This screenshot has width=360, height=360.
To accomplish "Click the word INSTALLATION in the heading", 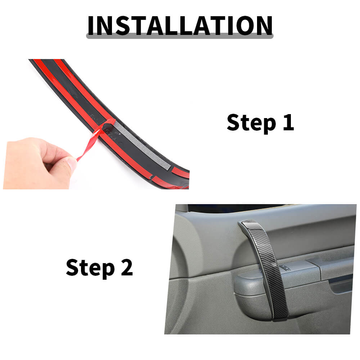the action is pos(180,26).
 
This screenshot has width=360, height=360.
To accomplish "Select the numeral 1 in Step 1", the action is pos(289,122).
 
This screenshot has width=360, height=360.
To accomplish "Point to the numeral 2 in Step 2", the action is pos(127,267).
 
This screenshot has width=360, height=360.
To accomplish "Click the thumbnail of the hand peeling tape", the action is pos(96,124).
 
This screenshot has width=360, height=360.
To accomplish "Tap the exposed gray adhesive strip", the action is pos(143,145).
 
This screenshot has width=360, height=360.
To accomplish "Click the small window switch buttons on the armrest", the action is pos(285,267).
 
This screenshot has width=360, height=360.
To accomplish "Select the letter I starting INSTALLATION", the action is pos(90,26).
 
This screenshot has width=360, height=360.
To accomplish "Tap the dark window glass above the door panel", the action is pos(234,208).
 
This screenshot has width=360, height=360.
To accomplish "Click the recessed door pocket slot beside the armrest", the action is pos(341,285).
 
